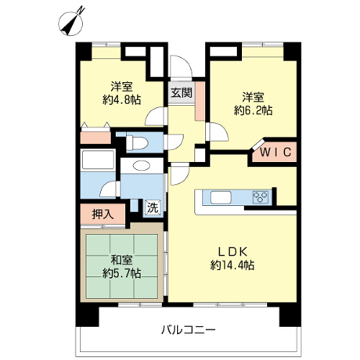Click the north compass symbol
[71, 24]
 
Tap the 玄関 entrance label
[181, 93]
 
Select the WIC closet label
[276, 152]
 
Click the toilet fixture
[137, 143]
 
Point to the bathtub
[98, 160]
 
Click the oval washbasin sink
[142, 166]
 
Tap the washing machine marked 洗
[153, 207]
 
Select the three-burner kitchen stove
[261, 197]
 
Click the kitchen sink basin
[221, 197]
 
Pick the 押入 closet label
[103, 214]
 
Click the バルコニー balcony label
[188, 330]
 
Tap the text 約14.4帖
[232, 266]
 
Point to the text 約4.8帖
[122, 99]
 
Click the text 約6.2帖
[253, 111]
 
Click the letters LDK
[232, 252]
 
